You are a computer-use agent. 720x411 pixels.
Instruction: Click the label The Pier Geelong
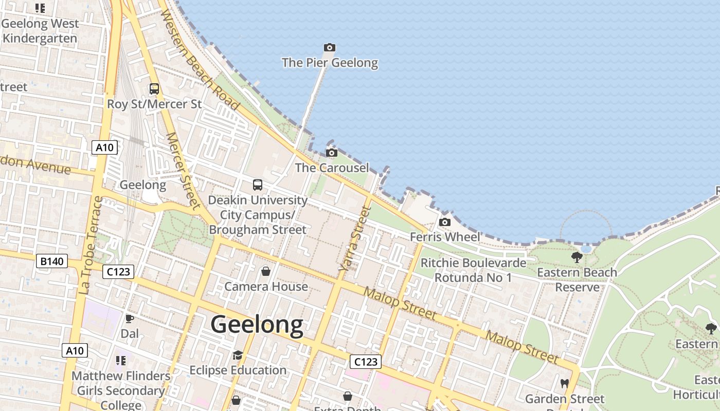330,63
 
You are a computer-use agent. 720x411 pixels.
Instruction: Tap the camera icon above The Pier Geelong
330,48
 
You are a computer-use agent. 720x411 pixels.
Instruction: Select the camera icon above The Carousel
332,153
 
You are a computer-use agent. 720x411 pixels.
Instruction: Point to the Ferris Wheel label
445,237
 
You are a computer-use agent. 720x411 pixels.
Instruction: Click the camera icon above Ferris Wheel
445,222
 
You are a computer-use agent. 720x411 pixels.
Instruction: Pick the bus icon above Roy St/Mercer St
154,89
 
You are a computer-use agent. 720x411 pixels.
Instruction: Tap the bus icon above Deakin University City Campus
258,185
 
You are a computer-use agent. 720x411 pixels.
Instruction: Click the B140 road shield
52,261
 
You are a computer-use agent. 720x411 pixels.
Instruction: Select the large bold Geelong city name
257,325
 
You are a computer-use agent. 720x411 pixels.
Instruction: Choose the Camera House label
266,286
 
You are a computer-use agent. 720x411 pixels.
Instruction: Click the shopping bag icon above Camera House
266,271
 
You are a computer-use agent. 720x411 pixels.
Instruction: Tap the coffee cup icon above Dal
130,319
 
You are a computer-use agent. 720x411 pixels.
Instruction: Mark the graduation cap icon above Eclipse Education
238,355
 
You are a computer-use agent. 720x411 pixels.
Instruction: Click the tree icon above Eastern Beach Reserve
577,257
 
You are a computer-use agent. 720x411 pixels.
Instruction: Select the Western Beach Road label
200,60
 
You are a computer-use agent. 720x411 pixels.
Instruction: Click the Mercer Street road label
183,171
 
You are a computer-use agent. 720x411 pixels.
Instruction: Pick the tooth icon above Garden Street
564,383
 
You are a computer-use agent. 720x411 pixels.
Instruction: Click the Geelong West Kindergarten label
40,31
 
